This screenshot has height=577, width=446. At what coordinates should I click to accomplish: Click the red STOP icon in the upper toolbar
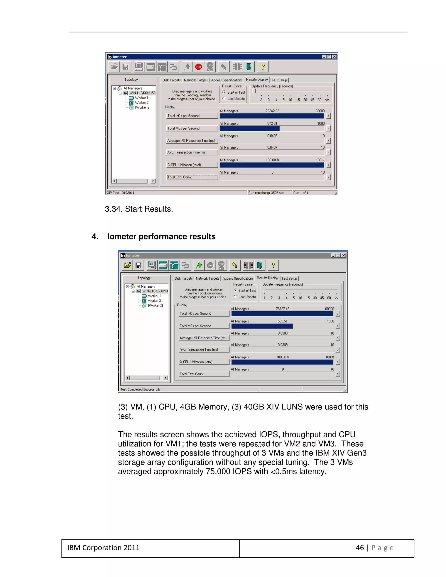pos(198,67)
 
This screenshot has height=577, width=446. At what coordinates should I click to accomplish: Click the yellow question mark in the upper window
pos(262,67)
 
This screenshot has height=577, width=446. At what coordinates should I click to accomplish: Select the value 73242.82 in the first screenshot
pos(272,111)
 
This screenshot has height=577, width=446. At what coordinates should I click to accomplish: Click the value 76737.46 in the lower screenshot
pos(282,309)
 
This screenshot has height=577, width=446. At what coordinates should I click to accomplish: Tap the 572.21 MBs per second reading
pos(272,123)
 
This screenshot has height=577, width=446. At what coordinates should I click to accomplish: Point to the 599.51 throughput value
pos(282,321)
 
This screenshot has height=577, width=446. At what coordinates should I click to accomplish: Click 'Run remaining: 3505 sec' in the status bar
pos(266,193)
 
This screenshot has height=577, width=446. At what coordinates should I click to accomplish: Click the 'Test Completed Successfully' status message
pos(140,390)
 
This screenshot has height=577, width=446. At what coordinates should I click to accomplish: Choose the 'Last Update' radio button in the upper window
pos(224,99)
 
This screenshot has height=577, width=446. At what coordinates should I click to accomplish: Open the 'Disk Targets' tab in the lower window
pos(184,278)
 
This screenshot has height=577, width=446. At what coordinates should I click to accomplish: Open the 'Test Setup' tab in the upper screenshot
pos(279,80)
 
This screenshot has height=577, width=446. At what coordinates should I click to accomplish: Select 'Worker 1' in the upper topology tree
pos(141,98)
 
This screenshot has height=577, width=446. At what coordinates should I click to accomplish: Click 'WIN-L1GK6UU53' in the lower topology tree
pos(155,291)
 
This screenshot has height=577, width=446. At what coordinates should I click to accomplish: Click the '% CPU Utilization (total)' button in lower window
pos(204,362)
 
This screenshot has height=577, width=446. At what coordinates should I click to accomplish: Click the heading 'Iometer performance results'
pos(161,236)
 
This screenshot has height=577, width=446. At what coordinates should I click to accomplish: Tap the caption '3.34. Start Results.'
pos(139,209)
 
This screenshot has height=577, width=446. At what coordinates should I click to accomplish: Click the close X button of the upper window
pos(334,57)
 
